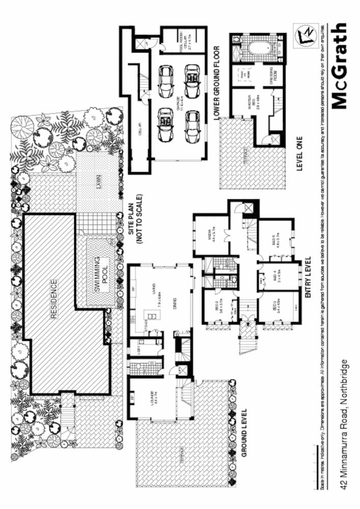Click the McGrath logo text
(341, 66)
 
